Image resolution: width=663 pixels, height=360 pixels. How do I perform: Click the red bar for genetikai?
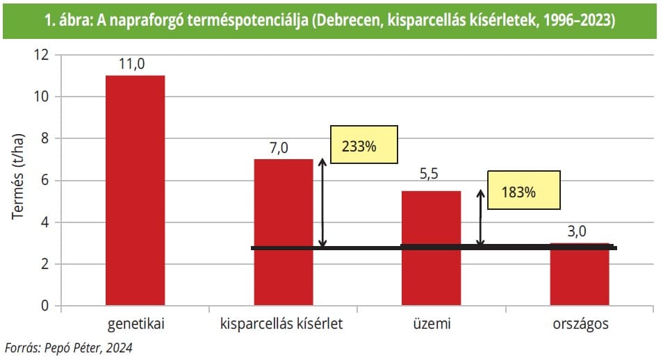(135, 190)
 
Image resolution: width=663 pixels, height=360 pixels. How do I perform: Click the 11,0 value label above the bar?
(135, 64)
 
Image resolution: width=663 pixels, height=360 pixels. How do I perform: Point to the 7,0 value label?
(284, 148)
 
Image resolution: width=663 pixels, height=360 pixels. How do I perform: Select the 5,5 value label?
(431, 179)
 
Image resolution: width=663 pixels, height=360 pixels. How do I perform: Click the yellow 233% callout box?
(363, 147)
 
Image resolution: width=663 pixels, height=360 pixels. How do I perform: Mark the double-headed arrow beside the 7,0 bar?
(322, 202)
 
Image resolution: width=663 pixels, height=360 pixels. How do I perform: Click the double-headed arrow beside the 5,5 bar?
(480, 218)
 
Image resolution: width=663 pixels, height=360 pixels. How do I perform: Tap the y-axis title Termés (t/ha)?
(19, 175)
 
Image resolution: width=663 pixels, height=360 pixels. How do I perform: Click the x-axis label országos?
(580, 325)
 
